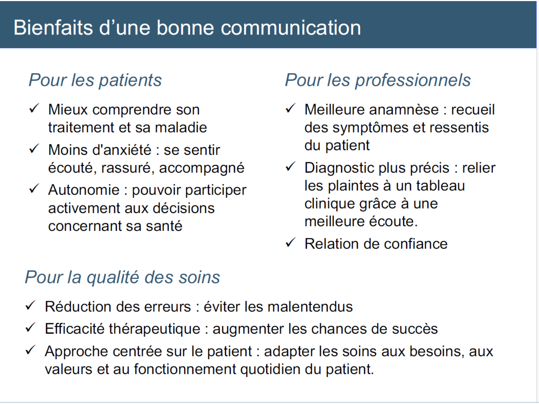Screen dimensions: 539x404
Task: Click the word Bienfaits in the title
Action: click(x=53, y=28)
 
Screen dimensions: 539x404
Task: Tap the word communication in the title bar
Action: click(x=291, y=28)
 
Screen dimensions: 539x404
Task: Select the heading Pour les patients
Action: click(x=95, y=80)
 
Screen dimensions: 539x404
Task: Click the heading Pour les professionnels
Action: click(x=378, y=80)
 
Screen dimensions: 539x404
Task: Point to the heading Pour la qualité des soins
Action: click(x=122, y=278)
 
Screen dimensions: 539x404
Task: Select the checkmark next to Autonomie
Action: click(x=34, y=189)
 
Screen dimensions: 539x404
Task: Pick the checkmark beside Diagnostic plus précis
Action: click(x=290, y=167)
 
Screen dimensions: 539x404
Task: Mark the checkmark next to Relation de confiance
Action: click(x=290, y=243)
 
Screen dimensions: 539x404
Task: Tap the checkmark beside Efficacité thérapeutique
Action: click(x=31, y=328)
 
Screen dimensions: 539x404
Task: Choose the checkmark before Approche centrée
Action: click(x=31, y=350)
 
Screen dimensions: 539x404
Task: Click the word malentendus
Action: click(x=310, y=307)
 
